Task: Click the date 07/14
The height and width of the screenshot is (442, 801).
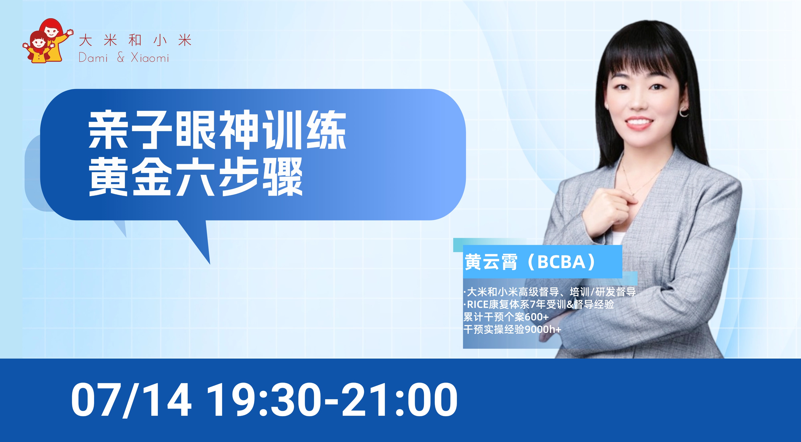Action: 131,400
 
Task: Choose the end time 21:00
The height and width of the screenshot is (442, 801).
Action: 400,400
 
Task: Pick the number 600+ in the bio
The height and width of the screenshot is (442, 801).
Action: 537,317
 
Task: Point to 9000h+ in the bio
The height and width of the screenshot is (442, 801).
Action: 543,329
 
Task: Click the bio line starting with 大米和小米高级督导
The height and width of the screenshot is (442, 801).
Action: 550,292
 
